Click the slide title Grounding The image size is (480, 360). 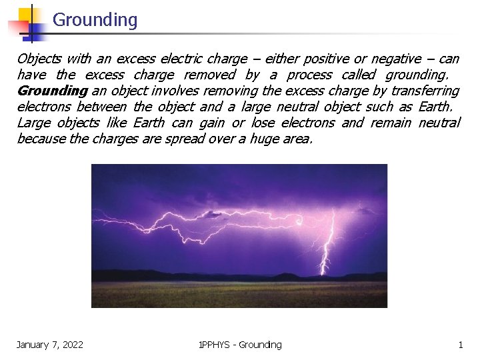coord(95,20)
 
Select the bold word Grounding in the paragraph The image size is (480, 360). coord(52,91)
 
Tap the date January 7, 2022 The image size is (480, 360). coord(50,345)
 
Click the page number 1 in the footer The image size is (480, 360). coord(460,345)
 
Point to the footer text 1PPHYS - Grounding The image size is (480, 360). coord(240,345)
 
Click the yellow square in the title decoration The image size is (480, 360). coord(27,15)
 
